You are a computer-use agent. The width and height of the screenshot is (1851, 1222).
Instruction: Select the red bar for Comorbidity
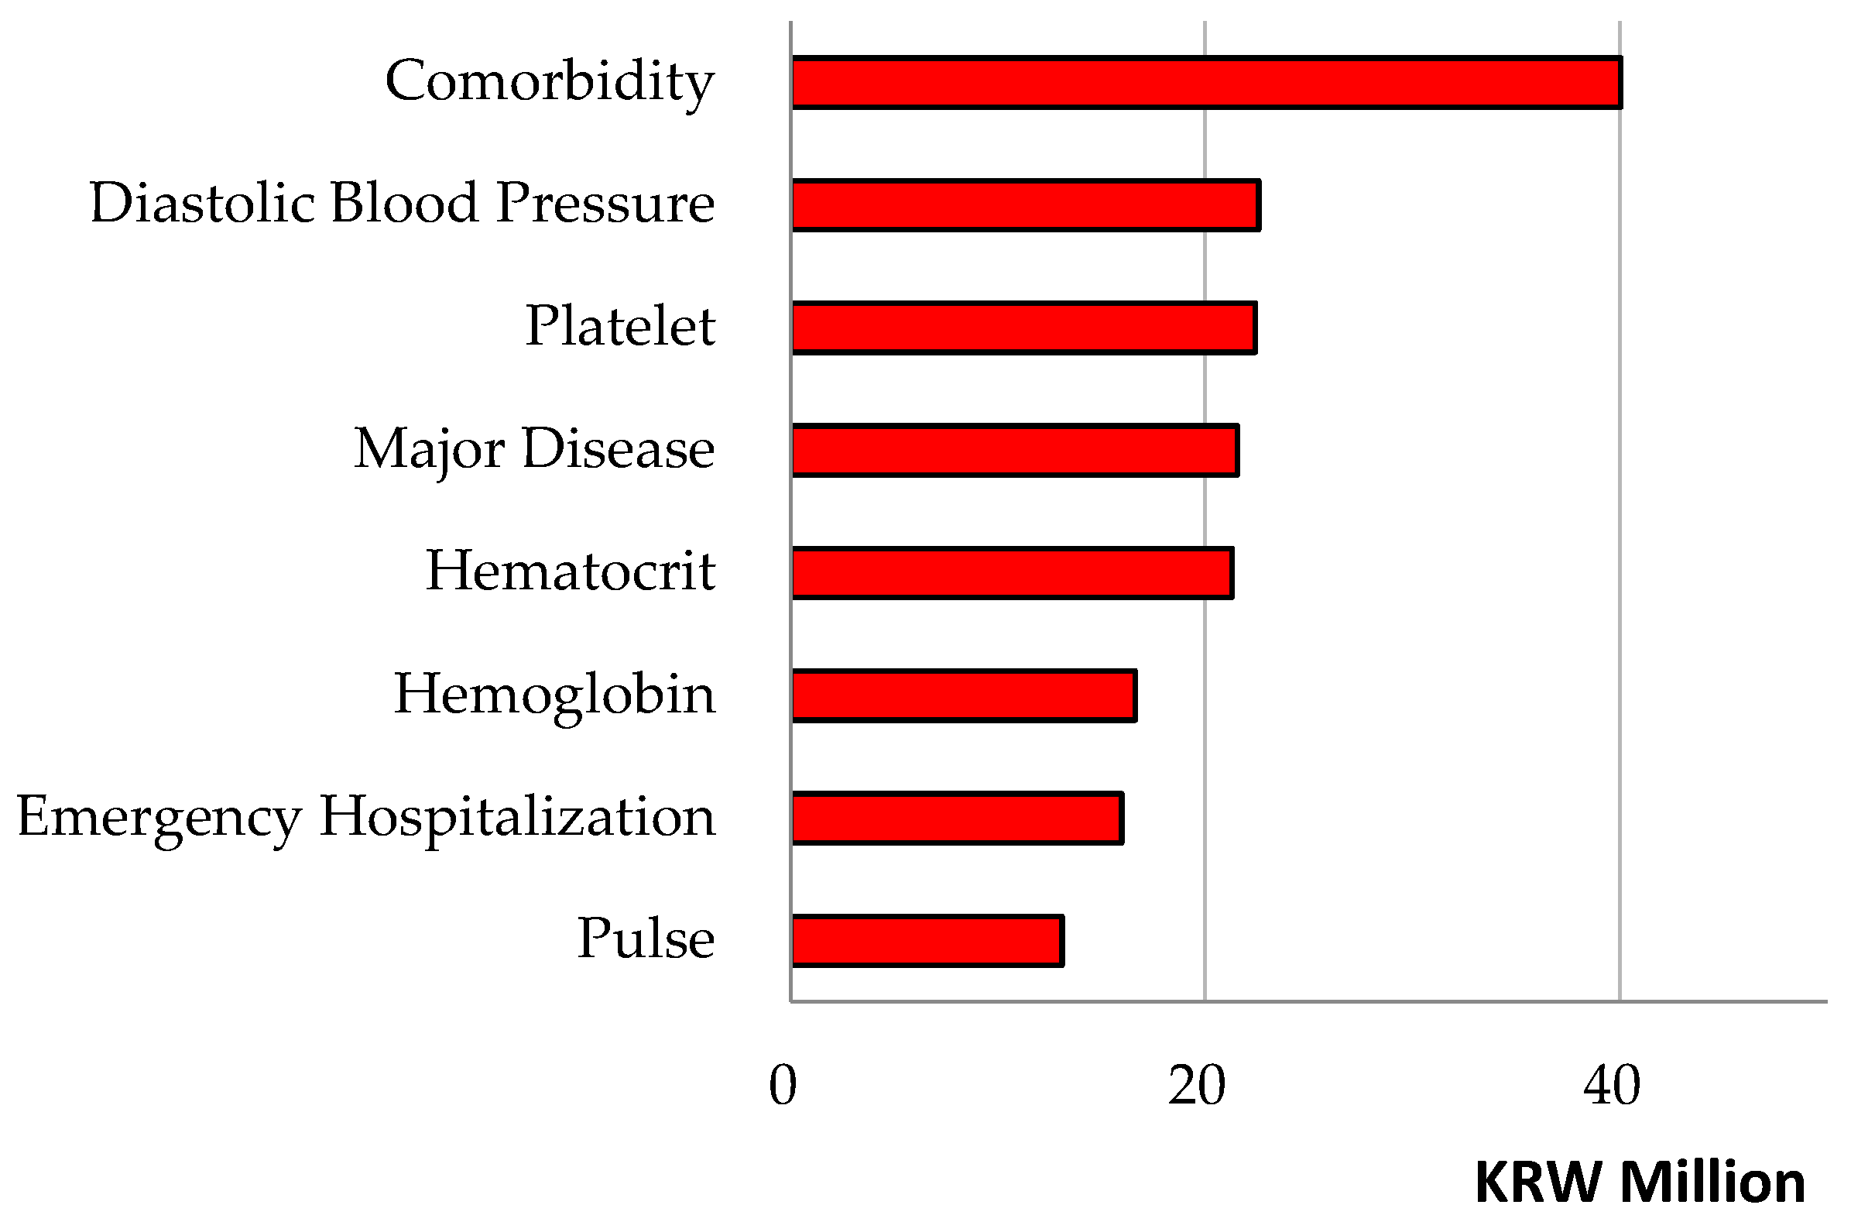coord(1206,82)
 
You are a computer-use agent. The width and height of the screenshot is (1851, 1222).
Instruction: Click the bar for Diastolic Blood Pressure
coord(1025,205)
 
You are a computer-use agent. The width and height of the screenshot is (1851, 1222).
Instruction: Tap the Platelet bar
coord(1023,328)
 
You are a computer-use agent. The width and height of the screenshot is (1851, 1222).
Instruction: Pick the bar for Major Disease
coord(1014,451)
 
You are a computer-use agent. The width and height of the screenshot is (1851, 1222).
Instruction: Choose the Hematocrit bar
coord(1012,573)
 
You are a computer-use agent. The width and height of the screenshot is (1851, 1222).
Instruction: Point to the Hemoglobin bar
coord(964,695)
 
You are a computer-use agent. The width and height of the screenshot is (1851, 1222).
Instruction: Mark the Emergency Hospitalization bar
coord(957,818)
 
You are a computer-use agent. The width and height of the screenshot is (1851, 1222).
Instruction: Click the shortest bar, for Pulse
coord(927,941)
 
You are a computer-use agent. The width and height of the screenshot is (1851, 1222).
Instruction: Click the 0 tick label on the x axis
coord(783,1086)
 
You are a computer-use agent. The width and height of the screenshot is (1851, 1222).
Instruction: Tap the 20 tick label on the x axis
coord(1197,1086)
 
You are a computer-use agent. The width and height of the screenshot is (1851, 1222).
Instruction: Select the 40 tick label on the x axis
coord(1612,1086)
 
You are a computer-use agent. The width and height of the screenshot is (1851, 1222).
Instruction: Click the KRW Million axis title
coord(1640,1183)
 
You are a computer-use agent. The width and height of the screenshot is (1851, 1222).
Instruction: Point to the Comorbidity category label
coord(549,82)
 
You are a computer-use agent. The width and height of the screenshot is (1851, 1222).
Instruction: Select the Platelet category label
coord(620,326)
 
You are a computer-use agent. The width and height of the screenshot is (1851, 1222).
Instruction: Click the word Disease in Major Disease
coord(618,449)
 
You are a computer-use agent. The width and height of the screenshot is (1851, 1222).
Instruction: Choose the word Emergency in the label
coord(159,819)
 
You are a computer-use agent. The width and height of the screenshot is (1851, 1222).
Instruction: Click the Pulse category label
coord(645,939)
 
